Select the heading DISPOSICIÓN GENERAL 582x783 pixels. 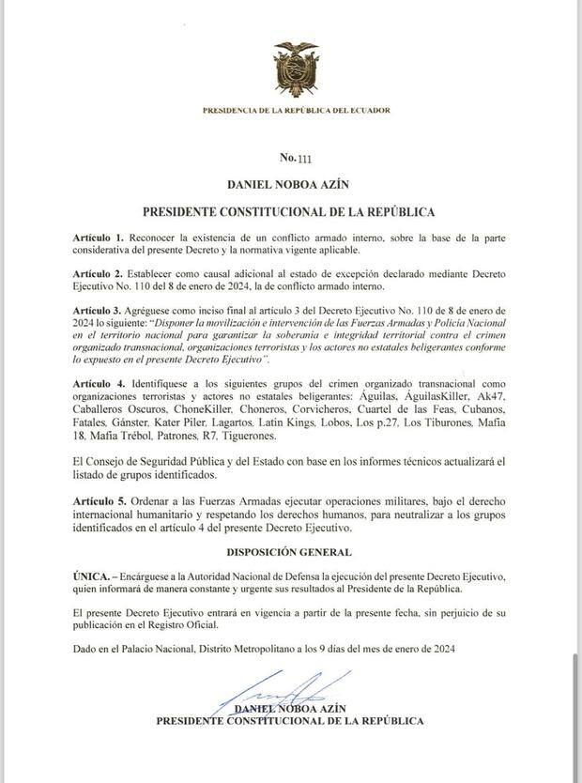coord(290,552)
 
